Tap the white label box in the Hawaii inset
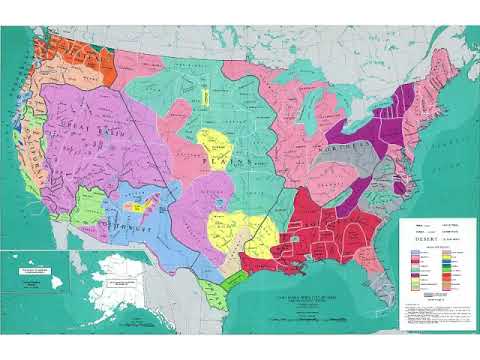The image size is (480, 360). click(27, 269)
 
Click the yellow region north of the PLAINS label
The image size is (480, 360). click(215, 140)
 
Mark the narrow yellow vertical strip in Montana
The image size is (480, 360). click(205, 97)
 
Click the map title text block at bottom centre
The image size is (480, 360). click(299, 296)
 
